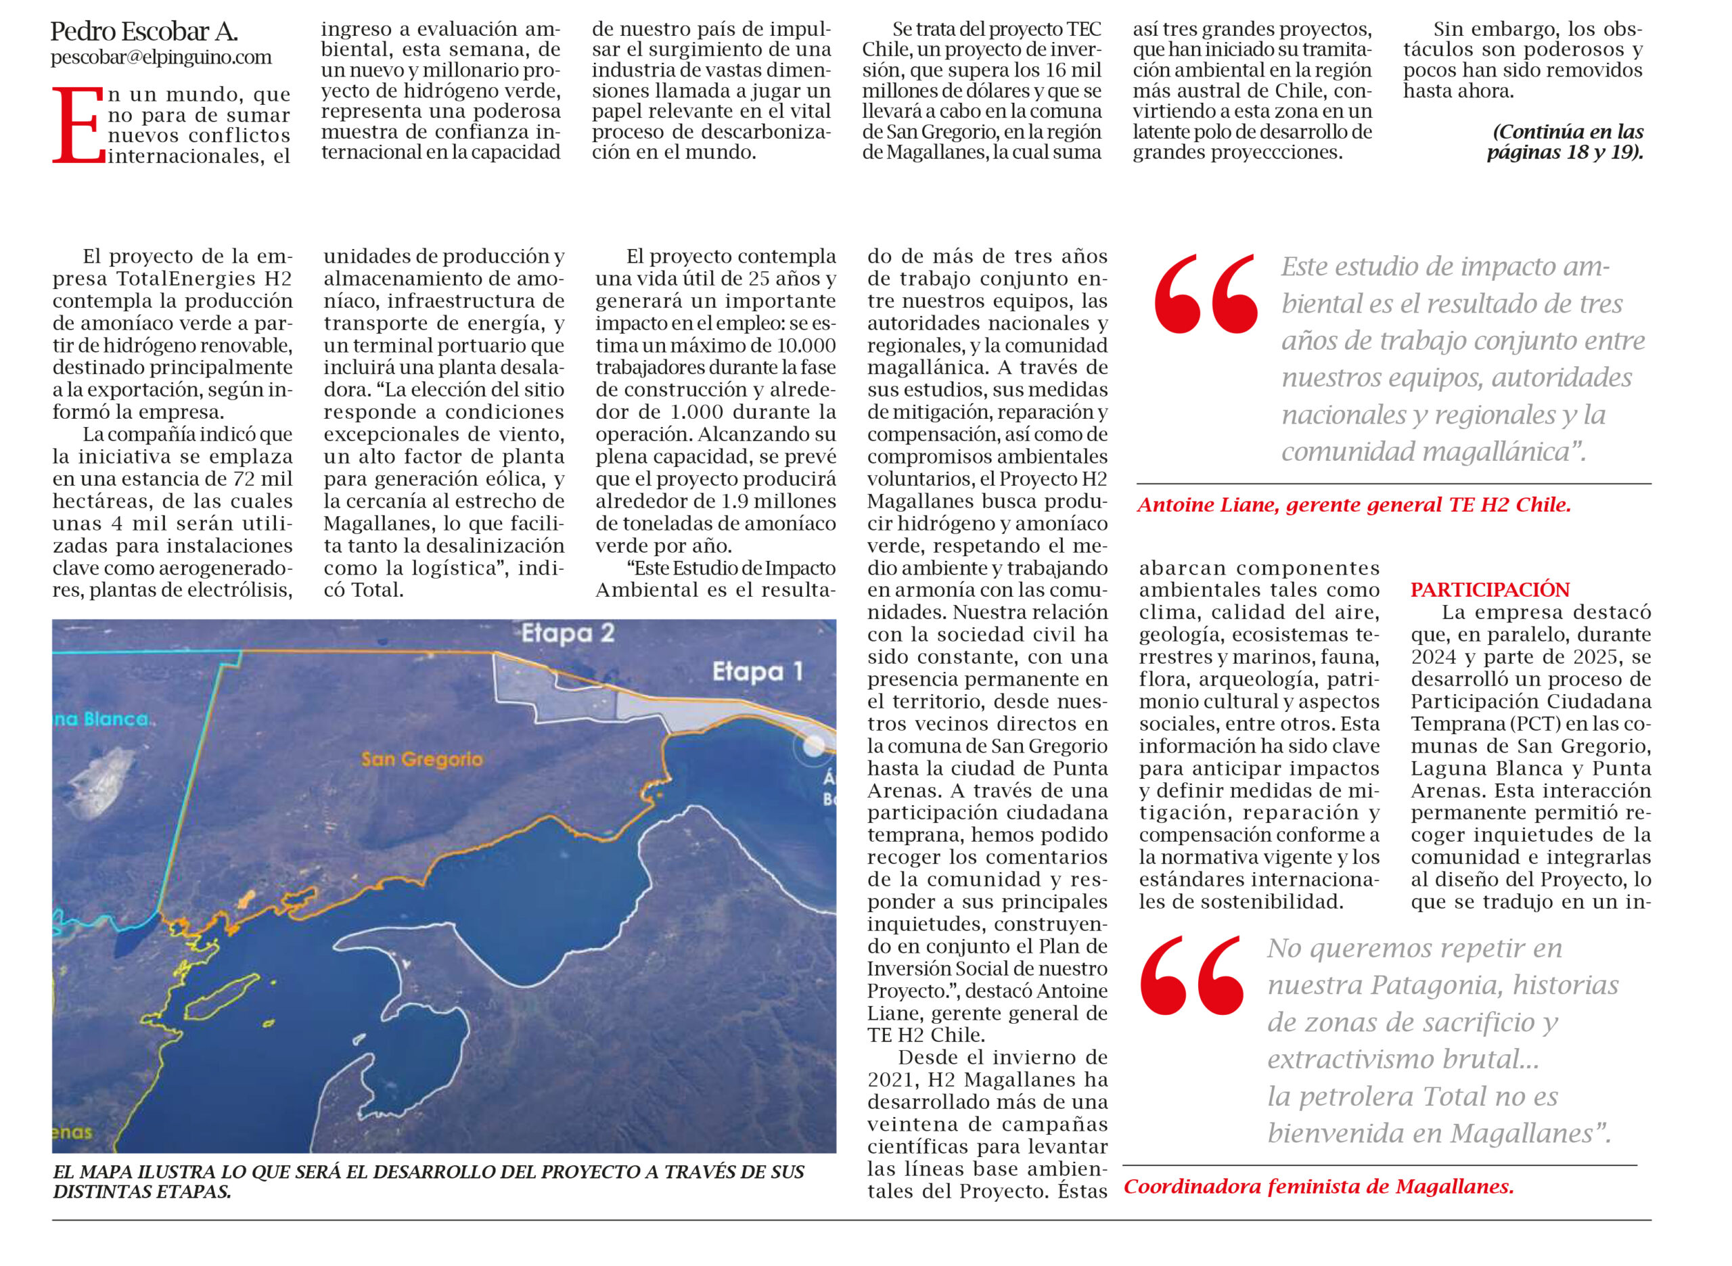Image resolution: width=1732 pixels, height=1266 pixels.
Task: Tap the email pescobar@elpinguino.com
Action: [x=161, y=58]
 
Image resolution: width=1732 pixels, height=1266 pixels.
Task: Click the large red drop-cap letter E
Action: [x=77, y=126]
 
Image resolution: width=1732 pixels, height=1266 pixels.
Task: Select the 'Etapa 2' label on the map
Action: [x=568, y=634]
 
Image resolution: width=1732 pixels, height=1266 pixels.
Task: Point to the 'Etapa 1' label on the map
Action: [x=757, y=672]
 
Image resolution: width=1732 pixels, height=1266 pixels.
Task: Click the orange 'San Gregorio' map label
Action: [x=422, y=759]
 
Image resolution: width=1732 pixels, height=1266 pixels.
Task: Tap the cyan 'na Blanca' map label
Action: [x=100, y=719]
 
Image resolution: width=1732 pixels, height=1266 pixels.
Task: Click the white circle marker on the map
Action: [x=813, y=746]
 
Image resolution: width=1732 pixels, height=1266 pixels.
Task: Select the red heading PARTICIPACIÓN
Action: [x=1490, y=590]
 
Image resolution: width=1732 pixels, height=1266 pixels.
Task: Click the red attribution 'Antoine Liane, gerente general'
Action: [x=1354, y=505]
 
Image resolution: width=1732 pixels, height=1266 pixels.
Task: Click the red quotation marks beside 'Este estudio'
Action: [x=1206, y=294]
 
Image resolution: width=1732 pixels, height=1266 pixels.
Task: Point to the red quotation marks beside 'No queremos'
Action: [x=1192, y=976]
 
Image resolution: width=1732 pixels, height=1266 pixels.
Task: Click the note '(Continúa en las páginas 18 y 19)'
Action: [x=1565, y=142]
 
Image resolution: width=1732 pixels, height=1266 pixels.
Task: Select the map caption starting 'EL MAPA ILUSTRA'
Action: [x=428, y=1181]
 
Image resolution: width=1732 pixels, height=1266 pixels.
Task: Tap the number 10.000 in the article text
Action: [x=806, y=346]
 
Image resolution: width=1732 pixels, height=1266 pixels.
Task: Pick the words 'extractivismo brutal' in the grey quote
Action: [x=1403, y=1059]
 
